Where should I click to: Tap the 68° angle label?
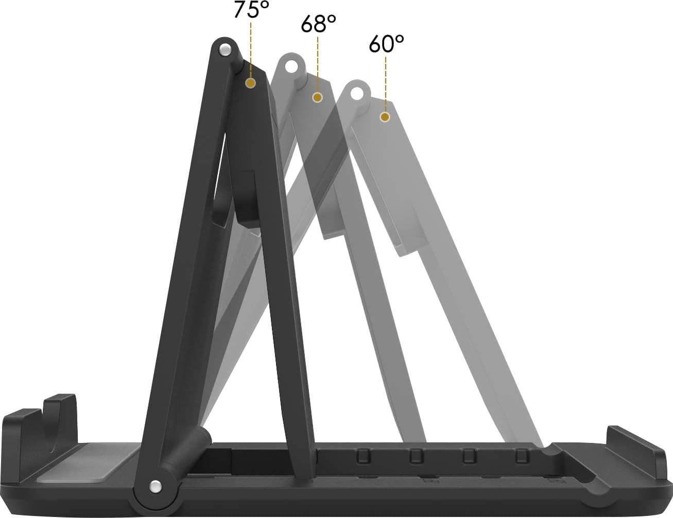pos(318,24)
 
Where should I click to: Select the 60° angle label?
pos(386,44)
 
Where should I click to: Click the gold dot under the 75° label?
pos(251,83)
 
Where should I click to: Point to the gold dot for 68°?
pos(318,97)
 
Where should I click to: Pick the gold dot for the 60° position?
pos(385,117)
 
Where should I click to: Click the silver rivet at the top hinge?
pos(225,50)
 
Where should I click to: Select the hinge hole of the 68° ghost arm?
pos(291,66)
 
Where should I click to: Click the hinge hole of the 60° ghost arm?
pos(356,93)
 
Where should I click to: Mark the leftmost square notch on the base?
pos(364,455)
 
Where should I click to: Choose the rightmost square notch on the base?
pos(522,455)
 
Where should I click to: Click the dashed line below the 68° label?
pos(318,62)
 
